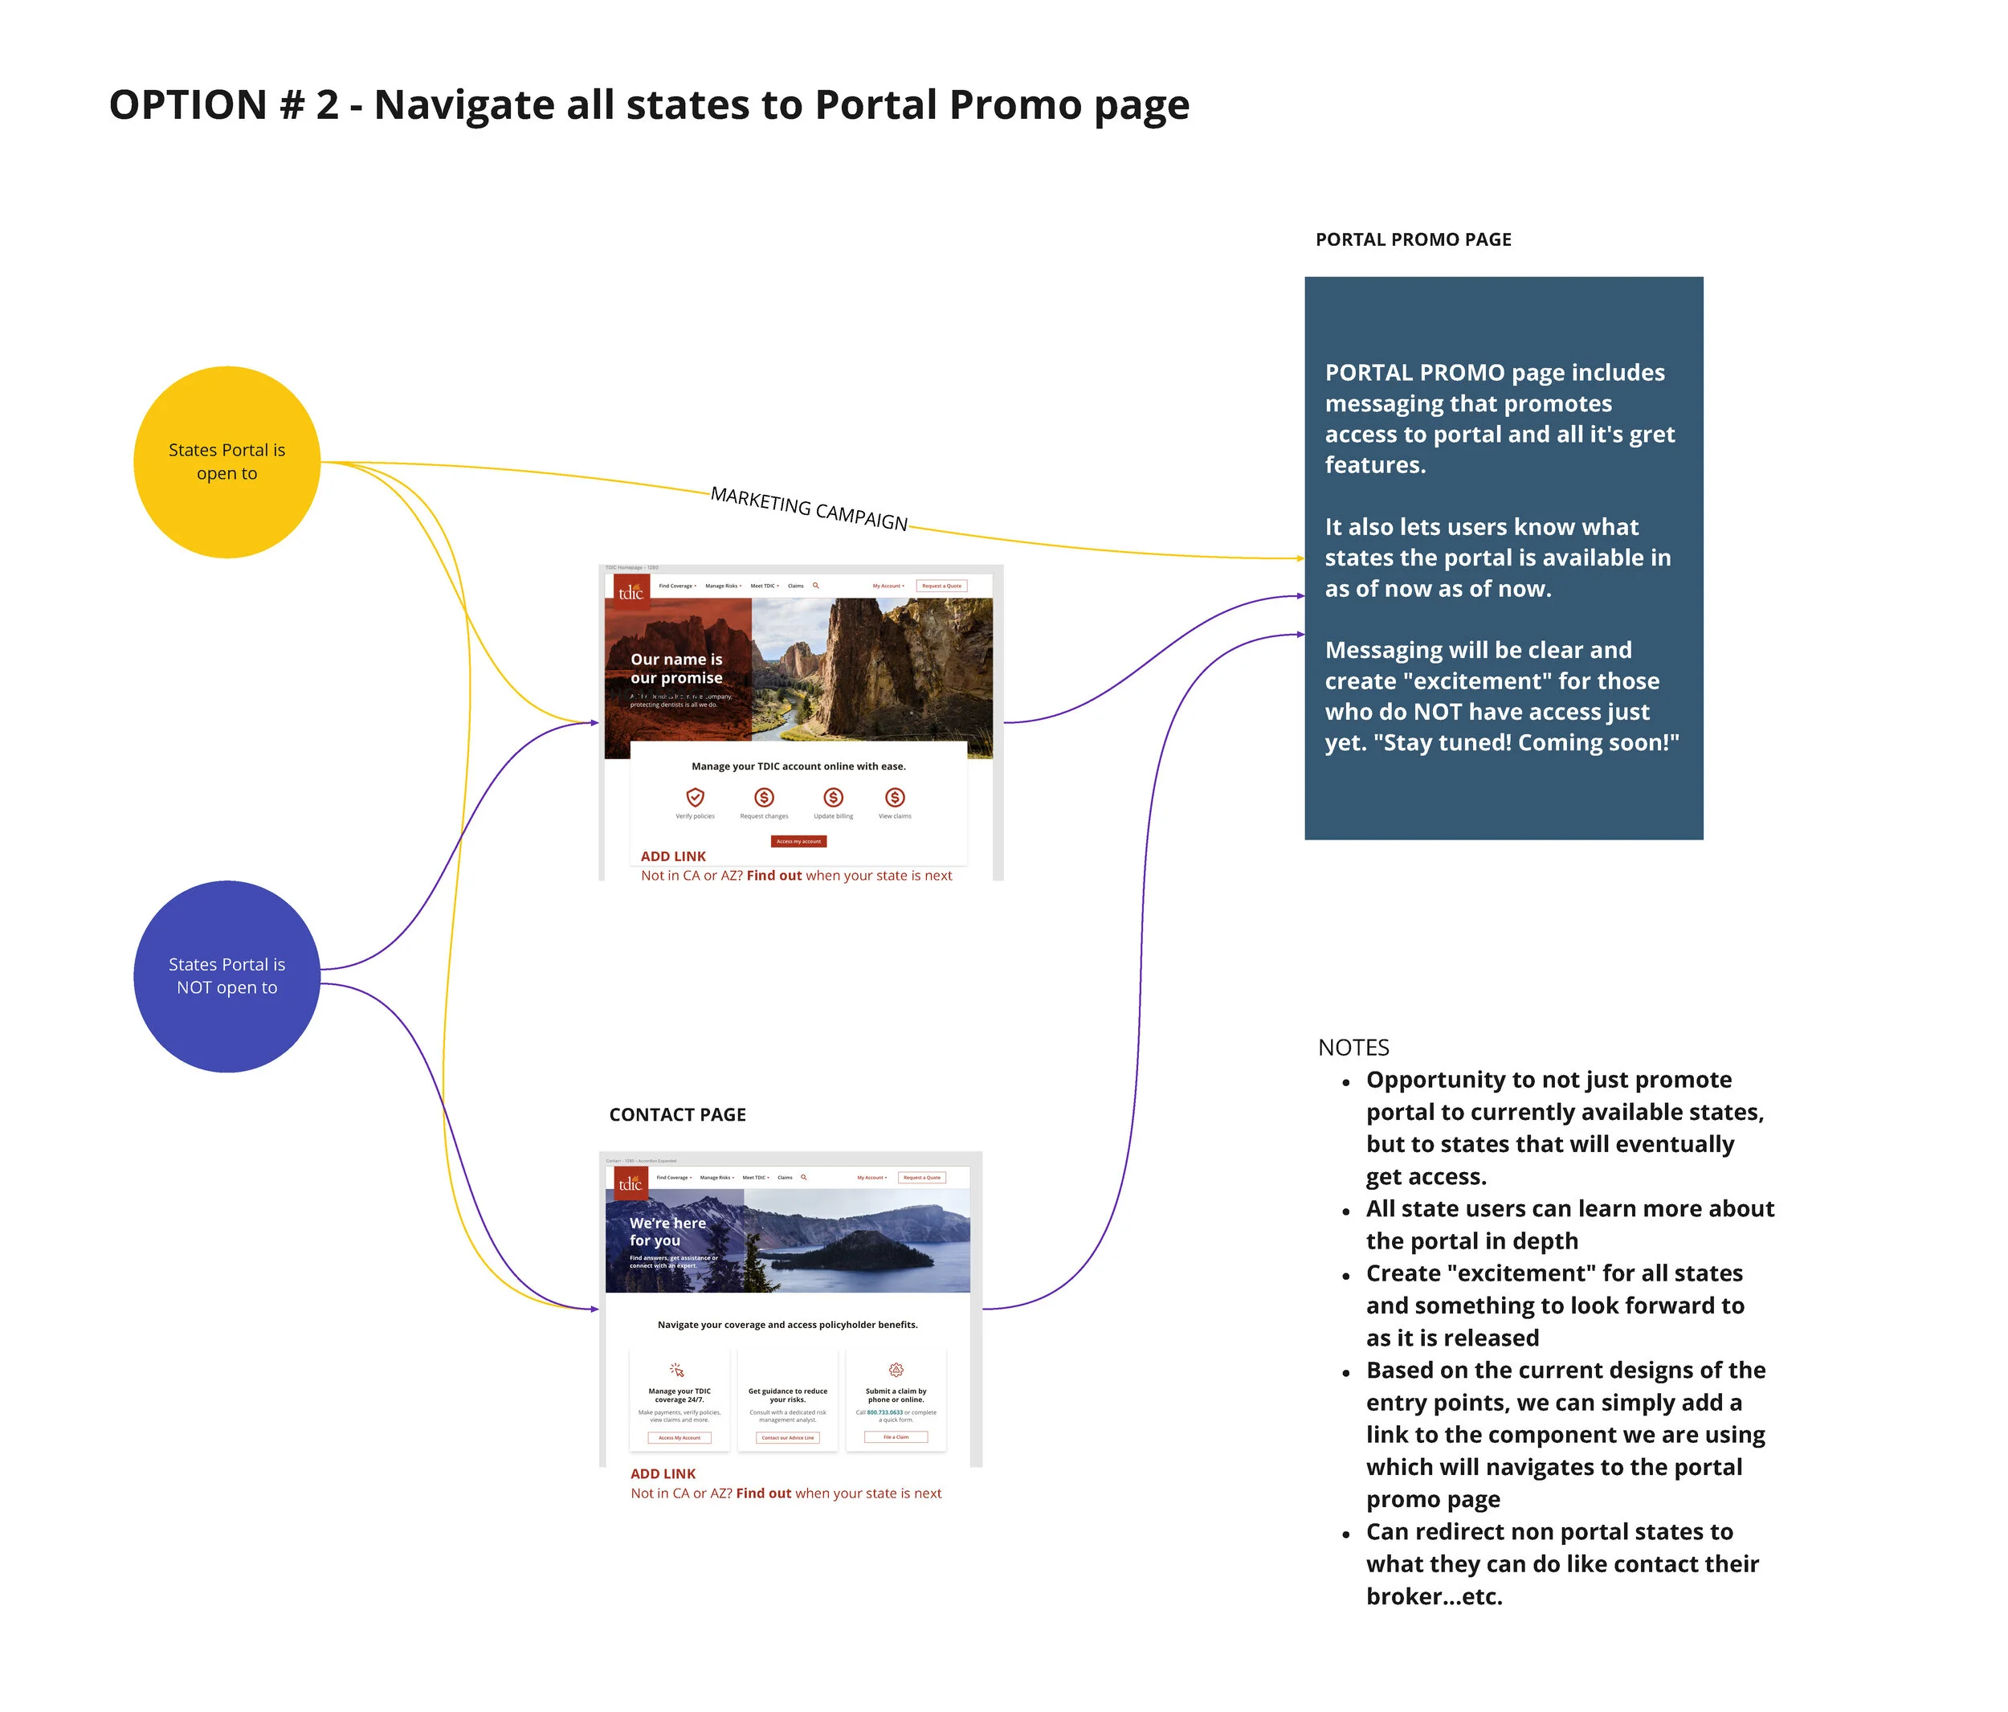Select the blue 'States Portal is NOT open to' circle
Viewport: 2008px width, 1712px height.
click(x=227, y=975)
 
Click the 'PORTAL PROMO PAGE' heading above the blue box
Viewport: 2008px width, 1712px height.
click(x=1413, y=239)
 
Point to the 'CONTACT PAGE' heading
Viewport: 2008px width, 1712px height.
click(x=677, y=1115)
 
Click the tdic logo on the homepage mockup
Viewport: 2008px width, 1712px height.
click(x=631, y=591)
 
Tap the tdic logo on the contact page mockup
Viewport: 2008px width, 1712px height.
click(x=630, y=1183)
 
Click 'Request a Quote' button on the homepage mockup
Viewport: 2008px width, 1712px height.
click(x=941, y=586)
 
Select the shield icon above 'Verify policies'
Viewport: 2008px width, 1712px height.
click(x=695, y=797)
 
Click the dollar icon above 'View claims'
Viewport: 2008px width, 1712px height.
click(x=895, y=797)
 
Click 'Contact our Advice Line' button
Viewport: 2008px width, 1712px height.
click(x=787, y=1438)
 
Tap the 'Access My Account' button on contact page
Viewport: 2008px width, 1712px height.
click(x=680, y=1438)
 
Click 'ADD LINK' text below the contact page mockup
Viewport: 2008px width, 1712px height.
click(x=663, y=1473)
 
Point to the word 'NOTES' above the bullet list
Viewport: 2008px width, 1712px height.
click(x=1353, y=1047)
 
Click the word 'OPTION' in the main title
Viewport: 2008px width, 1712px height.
click(x=188, y=104)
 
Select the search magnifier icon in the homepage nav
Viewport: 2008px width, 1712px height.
click(x=816, y=586)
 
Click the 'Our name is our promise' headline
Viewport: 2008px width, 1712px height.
click(x=676, y=668)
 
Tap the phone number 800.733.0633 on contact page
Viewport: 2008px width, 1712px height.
click(x=885, y=1412)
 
